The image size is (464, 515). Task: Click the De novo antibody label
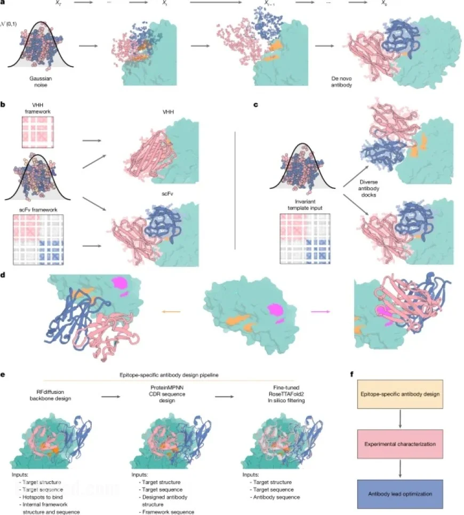(x=342, y=81)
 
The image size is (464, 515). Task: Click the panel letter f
(x=351, y=375)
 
